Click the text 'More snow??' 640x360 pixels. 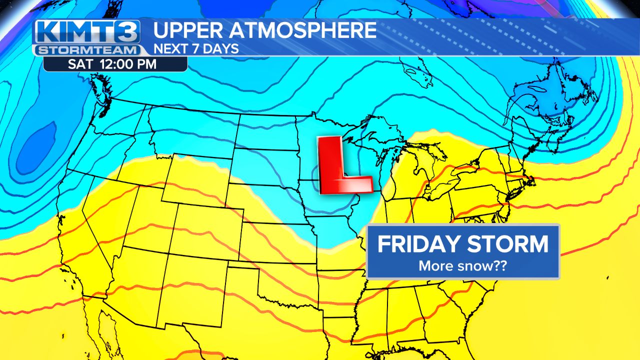(462, 265)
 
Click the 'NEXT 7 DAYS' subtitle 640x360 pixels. (195, 49)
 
